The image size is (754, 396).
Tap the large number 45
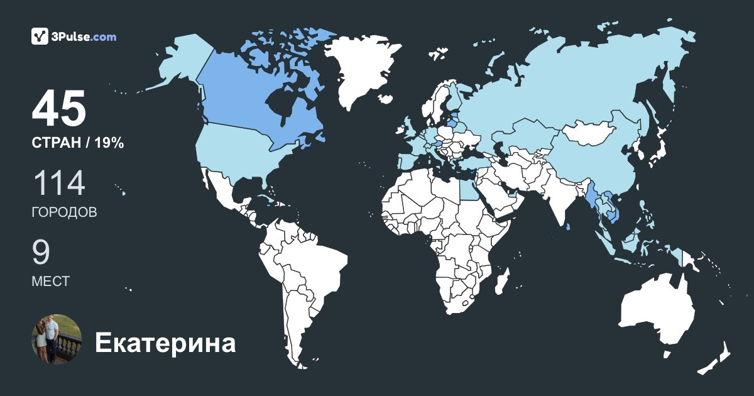point(58,109)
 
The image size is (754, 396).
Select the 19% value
point(109,143)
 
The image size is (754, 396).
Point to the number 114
point(58,184)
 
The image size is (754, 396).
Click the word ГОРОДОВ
point(64,212)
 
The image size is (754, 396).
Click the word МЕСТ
point(50,282)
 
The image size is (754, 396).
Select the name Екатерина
point(165,343)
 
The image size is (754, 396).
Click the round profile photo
point(57,339)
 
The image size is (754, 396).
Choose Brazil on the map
point(314,264)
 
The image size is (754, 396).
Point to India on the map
point(556,195)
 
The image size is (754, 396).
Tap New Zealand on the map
point(716,358)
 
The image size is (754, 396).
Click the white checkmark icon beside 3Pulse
point(40,36)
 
